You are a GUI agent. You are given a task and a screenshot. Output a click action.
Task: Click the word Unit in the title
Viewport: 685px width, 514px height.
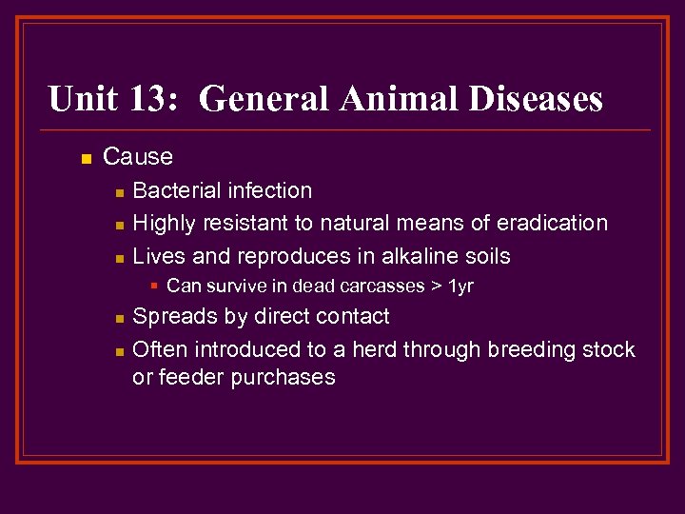[x=85, y=98]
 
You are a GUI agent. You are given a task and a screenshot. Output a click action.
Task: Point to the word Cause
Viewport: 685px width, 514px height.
[x=138, y=156]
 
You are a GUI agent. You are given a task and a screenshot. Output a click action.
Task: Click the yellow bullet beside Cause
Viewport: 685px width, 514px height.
[x=86, y=158]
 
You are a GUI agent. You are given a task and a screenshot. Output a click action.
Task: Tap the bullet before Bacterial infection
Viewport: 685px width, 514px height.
[x=118, y=192]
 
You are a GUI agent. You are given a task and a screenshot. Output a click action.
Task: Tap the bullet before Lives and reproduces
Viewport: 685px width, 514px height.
[x=118, y=258]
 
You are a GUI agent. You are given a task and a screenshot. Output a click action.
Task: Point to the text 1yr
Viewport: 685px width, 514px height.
[x=460, y=287]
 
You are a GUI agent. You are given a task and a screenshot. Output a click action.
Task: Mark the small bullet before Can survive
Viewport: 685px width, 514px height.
[x=154, y=286]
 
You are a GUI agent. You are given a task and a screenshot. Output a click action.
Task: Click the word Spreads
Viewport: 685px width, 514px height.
[x=172, y=317]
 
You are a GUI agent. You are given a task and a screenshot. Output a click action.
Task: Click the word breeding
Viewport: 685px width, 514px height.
[x=530, y=349]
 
